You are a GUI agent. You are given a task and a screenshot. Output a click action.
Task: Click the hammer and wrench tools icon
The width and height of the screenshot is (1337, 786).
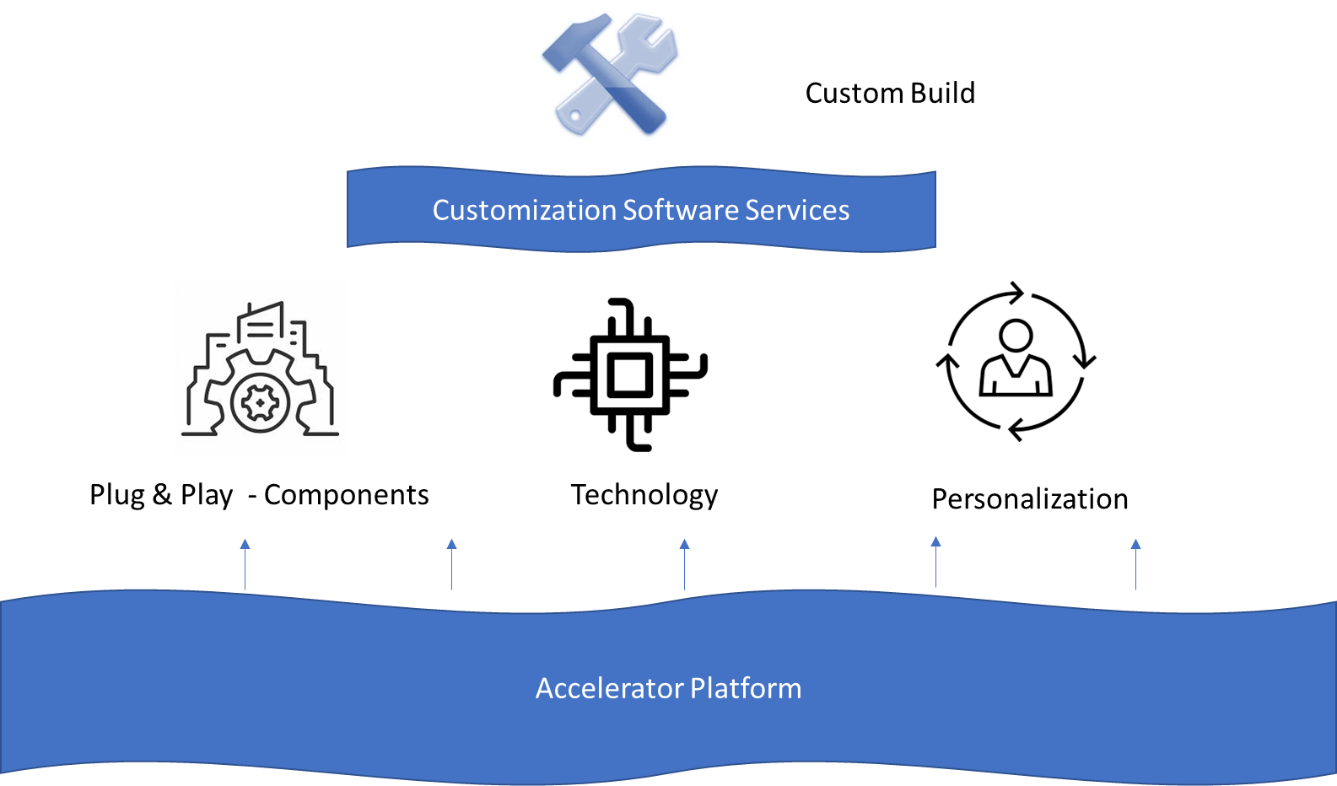(x=609, y=74)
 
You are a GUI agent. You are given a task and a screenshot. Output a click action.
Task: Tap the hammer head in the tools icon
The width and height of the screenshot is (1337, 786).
(x=563, y=46)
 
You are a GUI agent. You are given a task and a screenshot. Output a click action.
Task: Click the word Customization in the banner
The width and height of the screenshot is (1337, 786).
(x=524, y=210)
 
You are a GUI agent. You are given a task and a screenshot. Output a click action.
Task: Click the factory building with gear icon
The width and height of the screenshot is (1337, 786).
(x=260, y=368)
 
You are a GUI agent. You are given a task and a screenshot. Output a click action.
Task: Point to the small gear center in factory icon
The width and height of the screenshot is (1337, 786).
(x=261, y=404)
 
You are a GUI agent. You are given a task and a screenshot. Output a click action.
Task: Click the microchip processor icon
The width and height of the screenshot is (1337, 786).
(x=630, y=374)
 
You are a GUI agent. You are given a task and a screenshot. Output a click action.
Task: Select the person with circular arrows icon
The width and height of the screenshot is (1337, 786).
(x=1016, y=361)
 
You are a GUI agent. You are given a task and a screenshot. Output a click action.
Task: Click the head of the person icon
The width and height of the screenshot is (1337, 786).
(x=1016, y=335)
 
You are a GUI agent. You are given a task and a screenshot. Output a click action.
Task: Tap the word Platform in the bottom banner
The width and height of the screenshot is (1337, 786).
(x=746, y=688)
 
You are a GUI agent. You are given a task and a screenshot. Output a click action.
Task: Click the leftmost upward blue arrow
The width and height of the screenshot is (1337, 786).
(x=245, y=563)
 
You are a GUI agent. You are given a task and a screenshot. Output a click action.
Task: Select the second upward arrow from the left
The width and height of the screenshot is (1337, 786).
(x=452, y=563)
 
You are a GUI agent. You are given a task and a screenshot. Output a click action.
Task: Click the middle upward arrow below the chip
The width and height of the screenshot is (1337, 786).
(x=685, y=563)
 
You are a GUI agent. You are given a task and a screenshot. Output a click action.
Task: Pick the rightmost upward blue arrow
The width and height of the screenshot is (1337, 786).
(x=1136, y=563)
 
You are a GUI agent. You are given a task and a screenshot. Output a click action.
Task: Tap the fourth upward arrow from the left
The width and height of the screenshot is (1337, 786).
(x=936, y=561)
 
